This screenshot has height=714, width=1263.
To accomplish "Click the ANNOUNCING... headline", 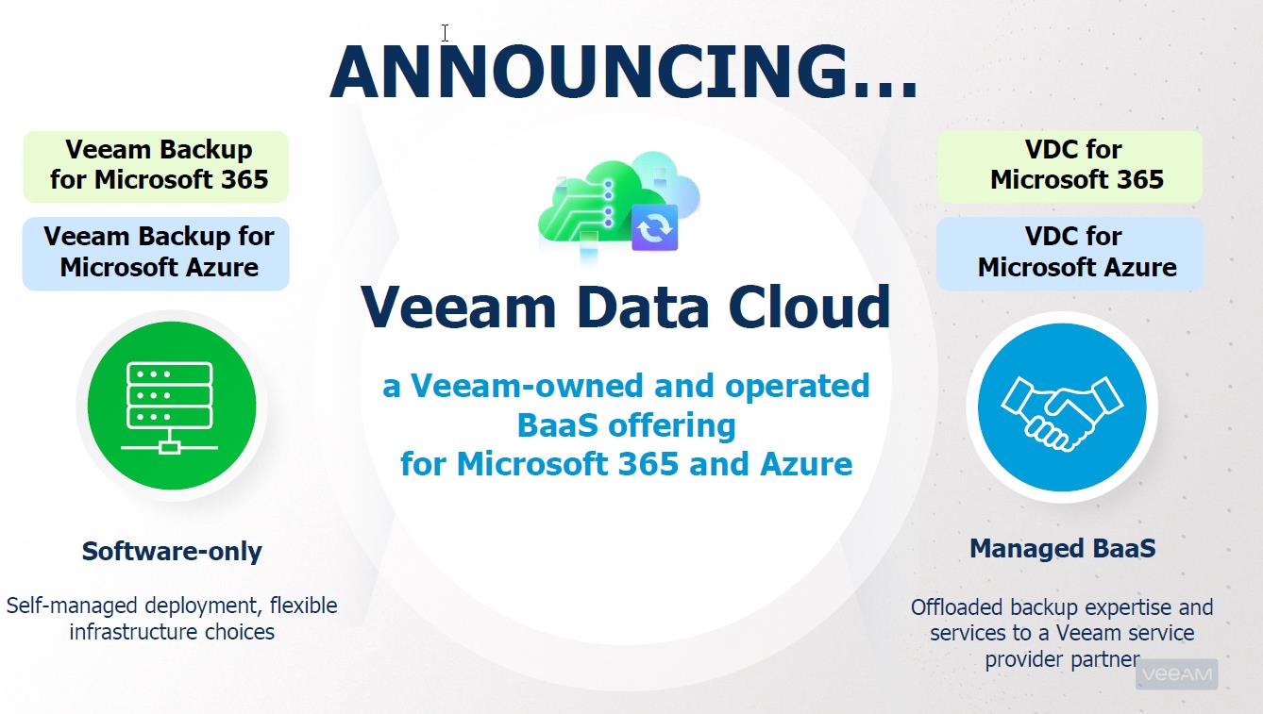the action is (x=624, y=72).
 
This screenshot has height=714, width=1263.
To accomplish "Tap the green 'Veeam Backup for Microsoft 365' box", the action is (x=156, y=166).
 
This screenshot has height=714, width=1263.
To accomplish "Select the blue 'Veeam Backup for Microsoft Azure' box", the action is (x=156, y=254).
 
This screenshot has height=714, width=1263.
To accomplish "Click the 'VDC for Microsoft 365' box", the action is (x=1069, y=166).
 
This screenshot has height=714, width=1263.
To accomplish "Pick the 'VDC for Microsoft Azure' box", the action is (x=1069, y=254).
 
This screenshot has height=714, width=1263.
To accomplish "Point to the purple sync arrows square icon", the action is (x=654, y=227).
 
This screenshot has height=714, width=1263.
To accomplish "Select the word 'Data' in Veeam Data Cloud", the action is (x=642, y=307).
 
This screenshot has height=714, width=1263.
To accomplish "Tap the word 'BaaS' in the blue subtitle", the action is (x=557, y=425).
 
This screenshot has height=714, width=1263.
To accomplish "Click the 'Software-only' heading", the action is (x=172, y=551).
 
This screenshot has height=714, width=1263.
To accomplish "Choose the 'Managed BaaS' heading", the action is (x=1062, y=548).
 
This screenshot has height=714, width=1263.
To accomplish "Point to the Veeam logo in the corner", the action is (x=1177, y=674).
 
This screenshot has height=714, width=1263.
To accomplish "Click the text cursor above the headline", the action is (x=445, y=33).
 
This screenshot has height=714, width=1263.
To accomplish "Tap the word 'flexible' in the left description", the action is (x=303, y=606).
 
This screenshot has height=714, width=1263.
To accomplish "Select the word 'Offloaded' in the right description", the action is (x=957, y=607).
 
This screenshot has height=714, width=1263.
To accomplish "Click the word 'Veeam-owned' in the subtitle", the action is (x=527, y=386).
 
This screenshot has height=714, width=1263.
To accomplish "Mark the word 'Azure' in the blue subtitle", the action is (x=806, y=464).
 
